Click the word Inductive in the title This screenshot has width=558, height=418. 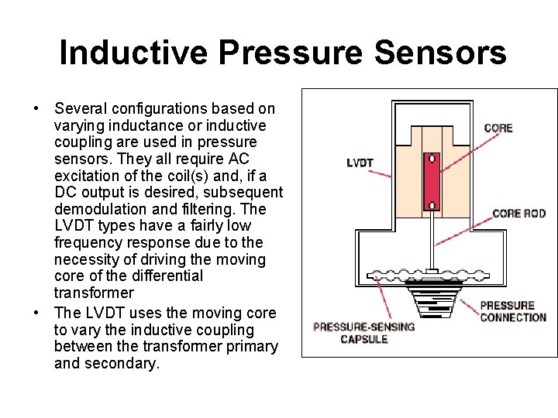[x=134, y=53]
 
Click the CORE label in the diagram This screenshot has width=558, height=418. [x=498, y=128]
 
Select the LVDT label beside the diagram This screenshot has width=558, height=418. [x=360, y=163]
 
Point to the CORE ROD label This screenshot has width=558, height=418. [x=519, y=213]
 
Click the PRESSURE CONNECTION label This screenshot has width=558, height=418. [x=513, y=311]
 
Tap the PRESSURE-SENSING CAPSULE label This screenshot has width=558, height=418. [x=364, y=333]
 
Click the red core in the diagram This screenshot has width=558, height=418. [x=431, y=182]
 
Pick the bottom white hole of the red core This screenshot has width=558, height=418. [x=431, y=205]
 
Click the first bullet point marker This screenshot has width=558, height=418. [x=36, y=108]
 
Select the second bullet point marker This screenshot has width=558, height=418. [x=36, y=313]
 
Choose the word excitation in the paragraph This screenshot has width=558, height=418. [x=88, y=176]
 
